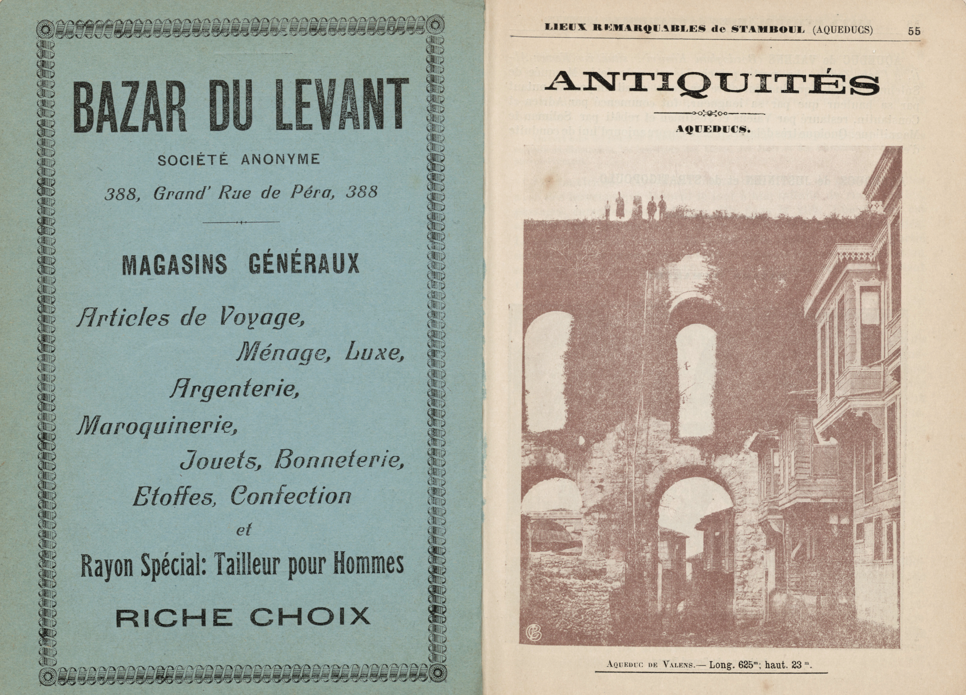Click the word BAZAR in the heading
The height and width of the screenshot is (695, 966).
point(130,105)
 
